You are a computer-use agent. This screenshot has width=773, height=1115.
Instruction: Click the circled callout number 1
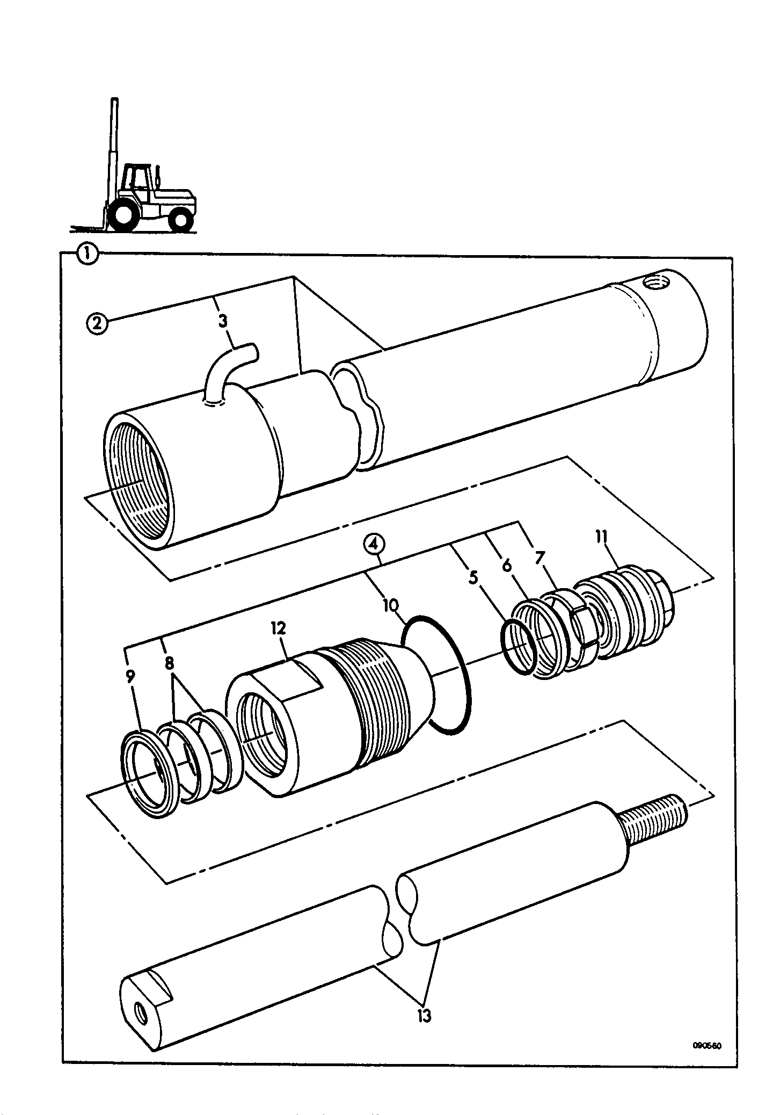tap(87, 254)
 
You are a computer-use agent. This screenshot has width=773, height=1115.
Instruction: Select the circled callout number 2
tap(97, 325)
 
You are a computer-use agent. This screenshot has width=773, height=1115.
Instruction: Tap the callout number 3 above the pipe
tap(223, 321)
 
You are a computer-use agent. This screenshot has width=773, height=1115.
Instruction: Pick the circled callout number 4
tap(374, 544)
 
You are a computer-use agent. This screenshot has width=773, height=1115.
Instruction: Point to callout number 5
tap(473, 577)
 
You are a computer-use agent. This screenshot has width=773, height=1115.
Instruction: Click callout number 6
tap(506, 566)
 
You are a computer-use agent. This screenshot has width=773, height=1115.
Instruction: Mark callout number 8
tap(170, 664)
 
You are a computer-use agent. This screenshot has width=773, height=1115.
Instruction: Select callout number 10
tap(390, 606)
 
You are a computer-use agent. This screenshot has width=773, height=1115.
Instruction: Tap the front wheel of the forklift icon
tap(124, 215)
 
